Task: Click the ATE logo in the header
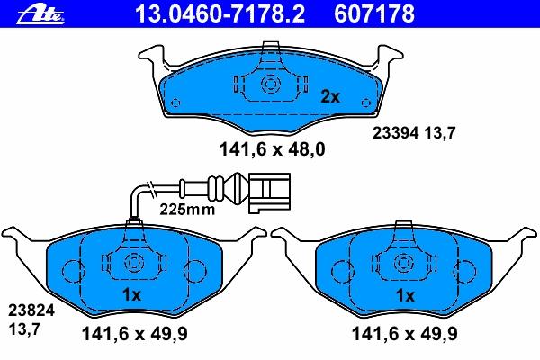tap(40, 15)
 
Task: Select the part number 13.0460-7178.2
tap(220, 13)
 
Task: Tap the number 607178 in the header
tap(374, 13)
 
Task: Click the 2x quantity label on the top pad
tap(330, 97)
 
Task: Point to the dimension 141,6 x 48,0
tap(272, 149)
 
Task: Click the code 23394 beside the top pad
tap(396, 133)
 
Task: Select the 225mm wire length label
tap(187, 209)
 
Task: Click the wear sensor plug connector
tap(269, 192)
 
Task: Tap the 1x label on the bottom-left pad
tap(132, 295)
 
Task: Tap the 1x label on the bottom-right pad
tap(405, 295)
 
